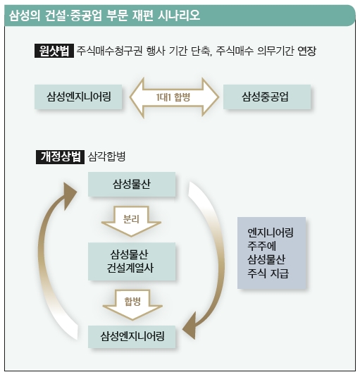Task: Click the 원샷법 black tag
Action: tap(54, 51)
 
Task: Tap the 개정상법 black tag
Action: tap(60, 157)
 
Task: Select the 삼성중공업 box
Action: tap(267, 97)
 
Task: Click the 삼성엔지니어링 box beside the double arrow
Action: tap(78, 97)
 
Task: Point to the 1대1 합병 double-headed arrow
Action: tap(174, 97)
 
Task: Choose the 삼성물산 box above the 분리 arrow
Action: tap(132, 184)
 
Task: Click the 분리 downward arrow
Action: tap(131, 221)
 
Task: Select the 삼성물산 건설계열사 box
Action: tap(132, 261)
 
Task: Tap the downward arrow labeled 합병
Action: tap(132, 304)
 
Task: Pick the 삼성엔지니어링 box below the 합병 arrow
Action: tap(132, 337)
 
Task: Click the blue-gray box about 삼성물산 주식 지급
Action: tap(271, 253)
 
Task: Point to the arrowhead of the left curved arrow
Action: tap(69, 194)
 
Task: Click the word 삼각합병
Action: tap(106, 156)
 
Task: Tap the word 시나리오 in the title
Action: tap(179, 16)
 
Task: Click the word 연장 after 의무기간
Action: tap(306, 51)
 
